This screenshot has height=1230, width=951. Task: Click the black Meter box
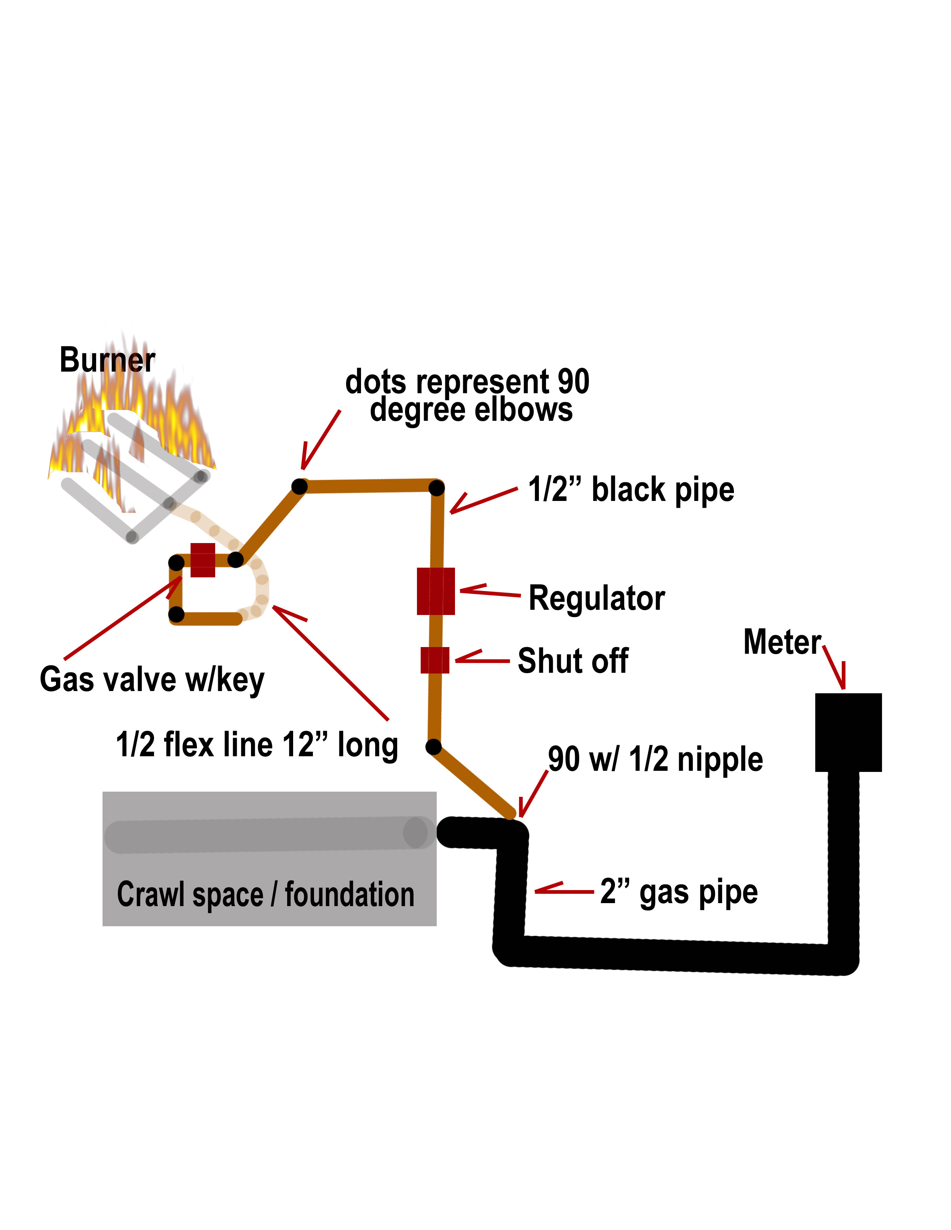848,732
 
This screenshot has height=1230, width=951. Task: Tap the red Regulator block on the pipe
436,592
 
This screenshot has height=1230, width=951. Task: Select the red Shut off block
435,660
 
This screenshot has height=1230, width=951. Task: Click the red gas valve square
203,560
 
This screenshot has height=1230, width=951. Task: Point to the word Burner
107,360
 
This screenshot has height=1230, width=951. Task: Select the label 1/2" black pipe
631,489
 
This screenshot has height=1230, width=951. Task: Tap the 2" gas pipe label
679,892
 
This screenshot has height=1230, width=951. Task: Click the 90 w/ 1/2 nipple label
655,759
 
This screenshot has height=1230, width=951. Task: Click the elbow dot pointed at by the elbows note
300,485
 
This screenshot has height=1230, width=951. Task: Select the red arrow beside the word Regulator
489,592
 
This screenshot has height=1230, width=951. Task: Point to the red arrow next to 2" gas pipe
564,890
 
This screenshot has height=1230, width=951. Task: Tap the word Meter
782,642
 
